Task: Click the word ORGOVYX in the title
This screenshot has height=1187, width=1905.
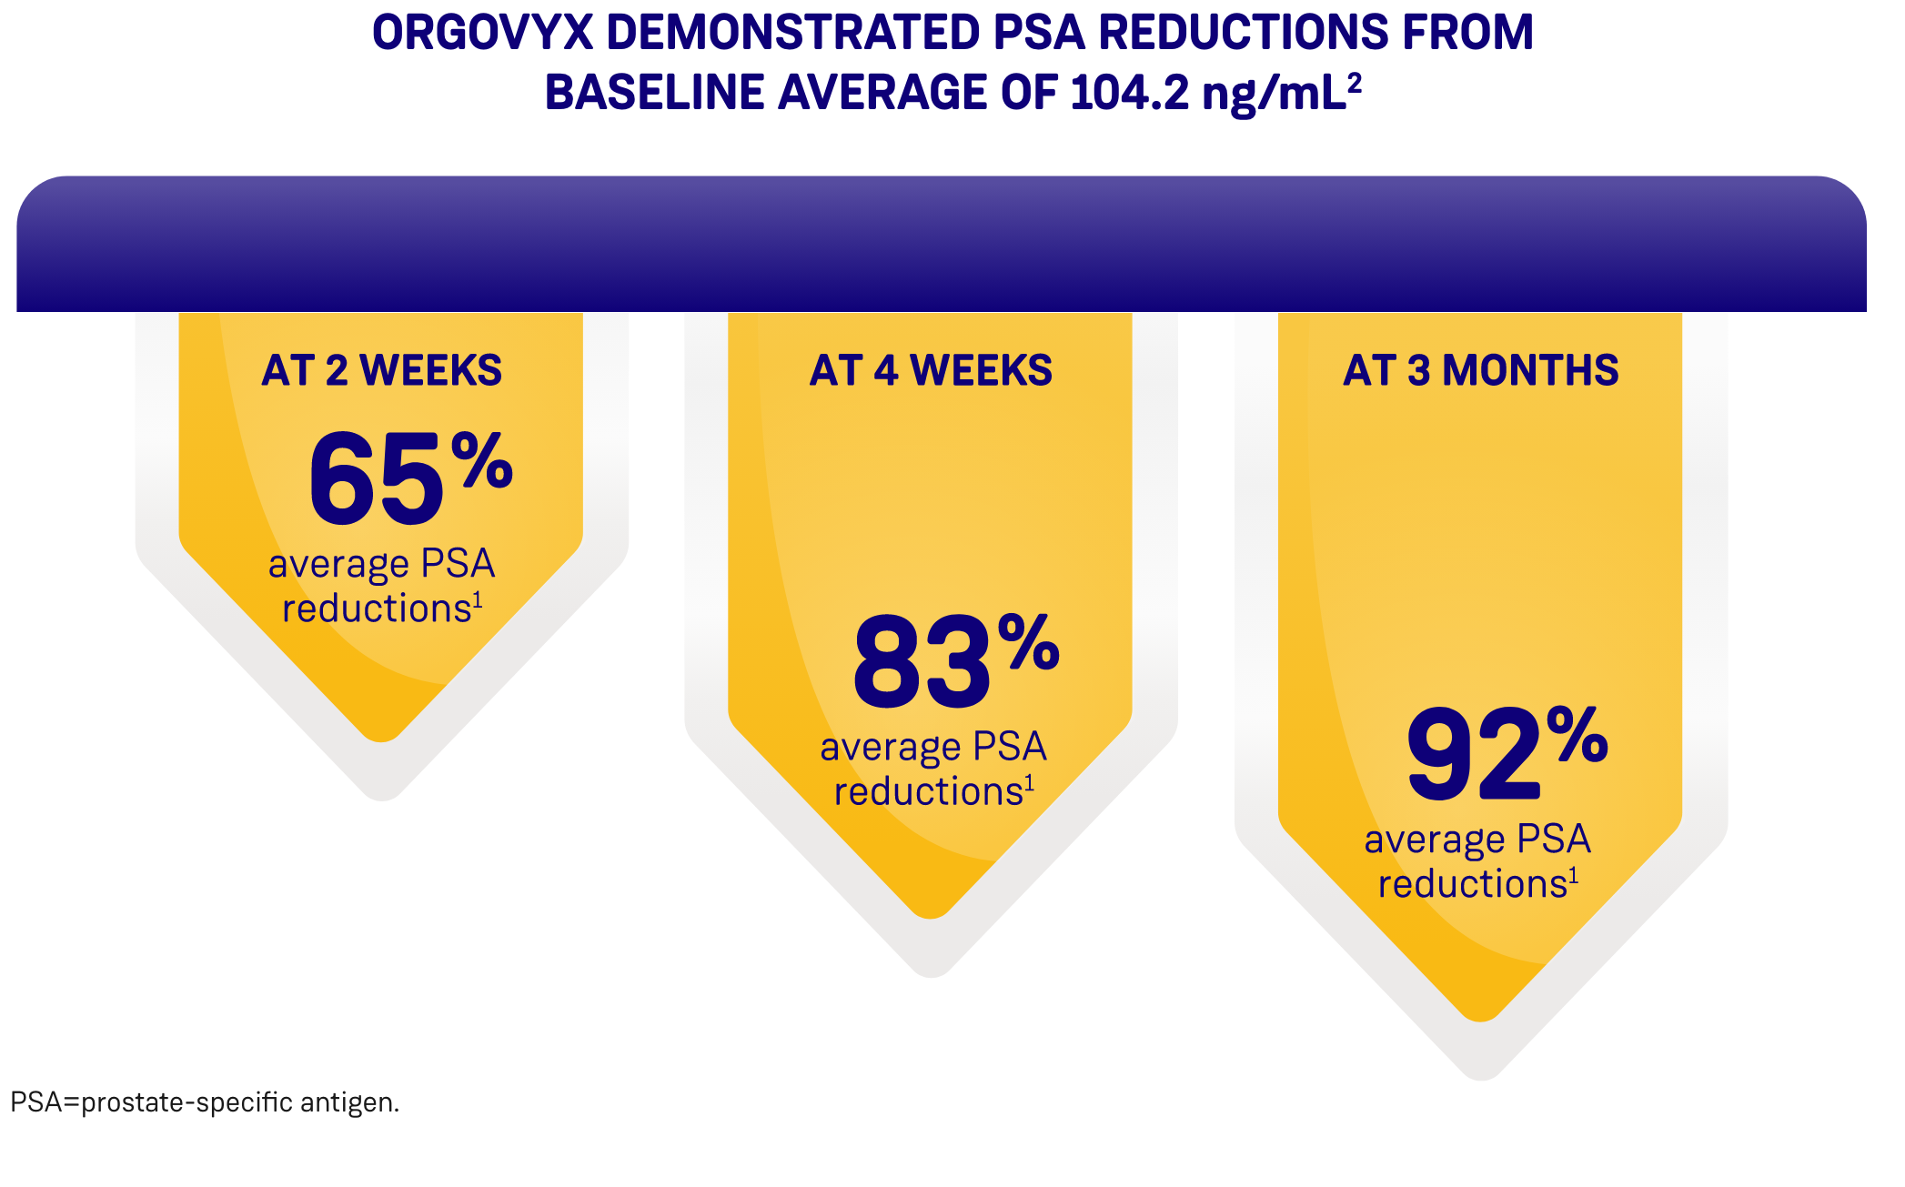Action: click(x=482, y=33)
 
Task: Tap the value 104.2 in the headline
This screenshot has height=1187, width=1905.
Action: click(x=1129, y=93)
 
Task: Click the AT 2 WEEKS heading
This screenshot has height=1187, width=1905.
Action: click(x=382, y=371)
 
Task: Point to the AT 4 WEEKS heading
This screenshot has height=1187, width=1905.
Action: click(x=931, y=371)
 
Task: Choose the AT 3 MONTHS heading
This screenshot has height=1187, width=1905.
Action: click(x=1480, y=371)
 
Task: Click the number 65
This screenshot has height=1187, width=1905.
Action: click(x=376, y=479)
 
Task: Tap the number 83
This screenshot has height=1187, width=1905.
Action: click(x=921, y=662)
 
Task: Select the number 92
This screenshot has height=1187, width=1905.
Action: click(x=1474, y=754)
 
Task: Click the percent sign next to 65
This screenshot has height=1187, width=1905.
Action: click(x=482, y=460)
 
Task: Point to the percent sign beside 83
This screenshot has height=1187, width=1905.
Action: click(x=1029, y=642)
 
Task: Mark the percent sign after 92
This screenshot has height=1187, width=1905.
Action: click(x=1577, y=734)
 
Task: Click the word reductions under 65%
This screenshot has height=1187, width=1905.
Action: click(x=376, y=609)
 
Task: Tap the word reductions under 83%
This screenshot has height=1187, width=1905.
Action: click(x=928, y=792)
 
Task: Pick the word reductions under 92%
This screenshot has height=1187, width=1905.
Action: click(x=1472, y=884)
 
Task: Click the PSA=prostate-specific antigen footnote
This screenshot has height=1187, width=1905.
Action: click(x=205, y=1102)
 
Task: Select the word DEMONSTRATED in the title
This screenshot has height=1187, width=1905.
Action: click(x=792, y=33)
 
